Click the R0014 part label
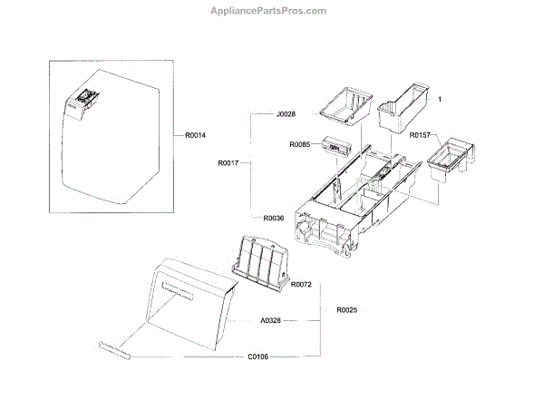(x=195, y=135)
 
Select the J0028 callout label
(x=286, y=114)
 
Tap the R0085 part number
(x=300, y=144)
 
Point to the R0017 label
(x=228, y=164)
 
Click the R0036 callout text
(x=274, y=218)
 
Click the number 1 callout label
(x=439, y=98)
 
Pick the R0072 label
(x=301, y=285)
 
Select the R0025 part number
(x=346, y=310)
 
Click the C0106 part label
(x=258, y=357)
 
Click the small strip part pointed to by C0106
(x=113, y=350)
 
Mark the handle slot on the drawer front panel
(x=179, y=292)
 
